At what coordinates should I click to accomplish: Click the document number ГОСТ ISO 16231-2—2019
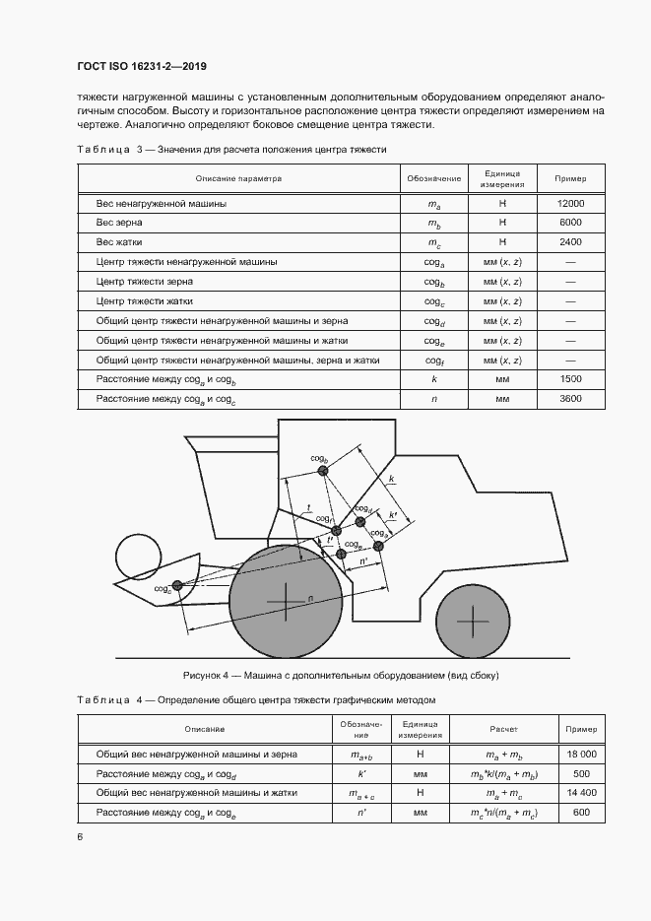coord(142,67)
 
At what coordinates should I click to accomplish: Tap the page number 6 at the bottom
coord(79,836)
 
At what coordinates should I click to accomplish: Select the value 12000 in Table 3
coord(570,203)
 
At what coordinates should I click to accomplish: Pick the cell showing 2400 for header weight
coord(570,242)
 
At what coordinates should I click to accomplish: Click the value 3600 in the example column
coord(570,399)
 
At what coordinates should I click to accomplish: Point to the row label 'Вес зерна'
coord(116,223)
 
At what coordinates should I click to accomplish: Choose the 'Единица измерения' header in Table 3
coord(501,178)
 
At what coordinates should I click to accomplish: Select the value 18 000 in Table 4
coord(580,754)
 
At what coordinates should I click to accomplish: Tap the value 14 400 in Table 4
coord(580,792)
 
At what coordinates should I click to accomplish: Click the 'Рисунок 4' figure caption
coord(342,676)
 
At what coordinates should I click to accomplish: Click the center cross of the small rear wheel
coord(472,622)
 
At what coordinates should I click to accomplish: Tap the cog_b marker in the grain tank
coord(323,472)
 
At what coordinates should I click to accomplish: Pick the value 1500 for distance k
coord(570,379)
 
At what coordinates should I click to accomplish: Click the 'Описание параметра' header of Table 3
coord(238,178)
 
